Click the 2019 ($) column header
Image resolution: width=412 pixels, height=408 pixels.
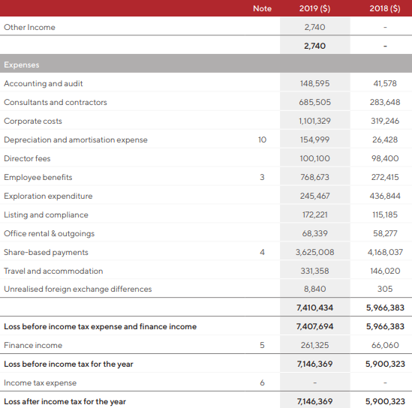[314, 9]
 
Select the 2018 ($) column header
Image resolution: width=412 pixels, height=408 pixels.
[385, 9]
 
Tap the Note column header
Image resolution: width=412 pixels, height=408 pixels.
[262, 9]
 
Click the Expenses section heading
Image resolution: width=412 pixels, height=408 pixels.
[22, 64]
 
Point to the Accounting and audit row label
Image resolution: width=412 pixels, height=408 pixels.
[44, 83]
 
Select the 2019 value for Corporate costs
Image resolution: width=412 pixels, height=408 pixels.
[314, 121]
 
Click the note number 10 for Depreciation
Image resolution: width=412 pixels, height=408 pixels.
[262, 139]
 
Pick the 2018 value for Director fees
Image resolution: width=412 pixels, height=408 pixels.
[385, 158]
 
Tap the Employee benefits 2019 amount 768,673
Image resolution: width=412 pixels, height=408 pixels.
[314, 177]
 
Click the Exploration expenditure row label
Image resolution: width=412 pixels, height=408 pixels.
[48, 196]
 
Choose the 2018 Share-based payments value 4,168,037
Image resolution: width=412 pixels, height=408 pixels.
[385, 252]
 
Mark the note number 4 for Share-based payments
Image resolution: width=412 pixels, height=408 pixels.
[262, 252]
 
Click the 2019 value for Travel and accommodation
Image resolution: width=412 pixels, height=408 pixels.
[314, 271]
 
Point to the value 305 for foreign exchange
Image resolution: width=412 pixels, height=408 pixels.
[385, 289]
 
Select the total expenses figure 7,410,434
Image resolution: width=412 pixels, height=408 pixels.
[314, 307]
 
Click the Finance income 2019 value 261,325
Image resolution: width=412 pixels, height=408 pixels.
[314, 345]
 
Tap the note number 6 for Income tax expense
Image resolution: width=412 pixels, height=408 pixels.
[262, 382]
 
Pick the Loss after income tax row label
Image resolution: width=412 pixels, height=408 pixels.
[65, 401]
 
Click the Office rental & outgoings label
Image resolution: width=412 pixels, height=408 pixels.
[49, 234]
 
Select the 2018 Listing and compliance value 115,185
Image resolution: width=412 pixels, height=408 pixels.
[385, 214]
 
